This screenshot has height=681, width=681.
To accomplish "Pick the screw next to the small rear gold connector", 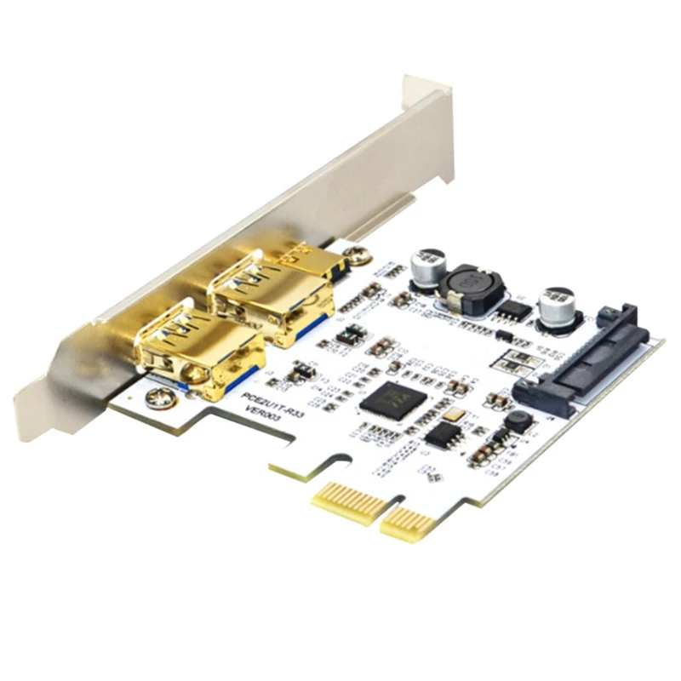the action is click(x=358, y=254).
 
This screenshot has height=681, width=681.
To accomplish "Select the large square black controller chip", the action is click(x=387, y=399).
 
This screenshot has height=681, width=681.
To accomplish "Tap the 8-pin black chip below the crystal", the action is click(x=443, y=435).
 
